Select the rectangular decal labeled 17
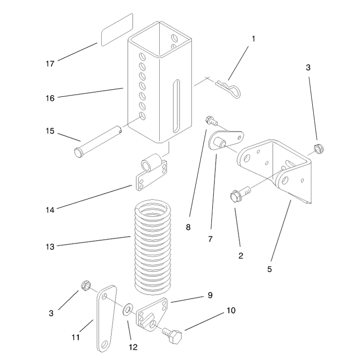(117, 30)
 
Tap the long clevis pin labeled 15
(98, 141)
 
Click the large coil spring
(153, 247)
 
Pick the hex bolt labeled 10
(172, 336)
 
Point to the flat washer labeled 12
(126, 310)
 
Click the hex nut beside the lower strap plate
(85, 285)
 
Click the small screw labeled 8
(211, 121)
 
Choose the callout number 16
(50, 98)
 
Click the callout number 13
(50, 247)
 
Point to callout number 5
(270, 269)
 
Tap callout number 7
(210, 239)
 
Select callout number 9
(210, 295)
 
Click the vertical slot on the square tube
(176, 106)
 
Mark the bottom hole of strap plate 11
(104, 344)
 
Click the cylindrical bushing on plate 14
(151, 162)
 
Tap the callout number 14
(50, 210)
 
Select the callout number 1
(253, 39)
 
